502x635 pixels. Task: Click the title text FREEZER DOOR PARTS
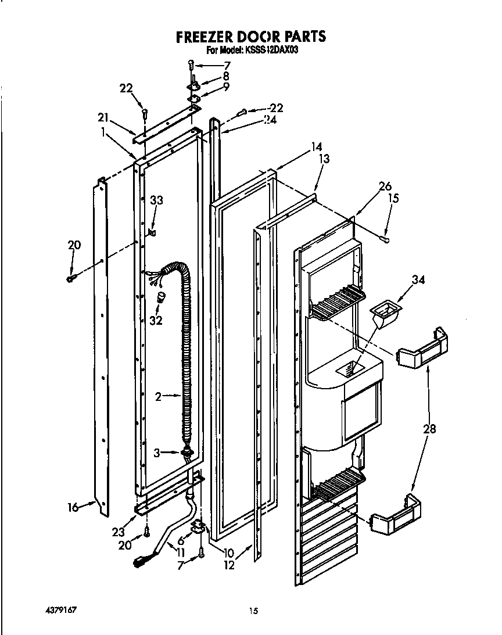pyautogui.click(x=251, y=37)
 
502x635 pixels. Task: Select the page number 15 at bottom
pyautogui.click(x=253, y=611)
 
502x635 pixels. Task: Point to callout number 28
pyautogui.click(x=431, y=429)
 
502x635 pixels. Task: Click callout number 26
pyautogui.click(x=385, y=186)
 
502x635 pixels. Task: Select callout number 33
pyautogui.click(x=157, y=200)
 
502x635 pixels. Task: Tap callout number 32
pyautogui.click(x=156, y=320)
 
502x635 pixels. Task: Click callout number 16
pyautogui.click(x=73, y=507)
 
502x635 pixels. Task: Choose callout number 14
pyautogui.click(x=316, y=147)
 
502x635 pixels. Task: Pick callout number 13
pyautogui.click(x=324, y=159)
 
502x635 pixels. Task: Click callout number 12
pyautogui.click(x=229, y=565)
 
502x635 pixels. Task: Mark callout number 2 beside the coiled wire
pyautogui.click(x=158, y=397)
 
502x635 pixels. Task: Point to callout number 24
pyautogui.click(x=270, y=120)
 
